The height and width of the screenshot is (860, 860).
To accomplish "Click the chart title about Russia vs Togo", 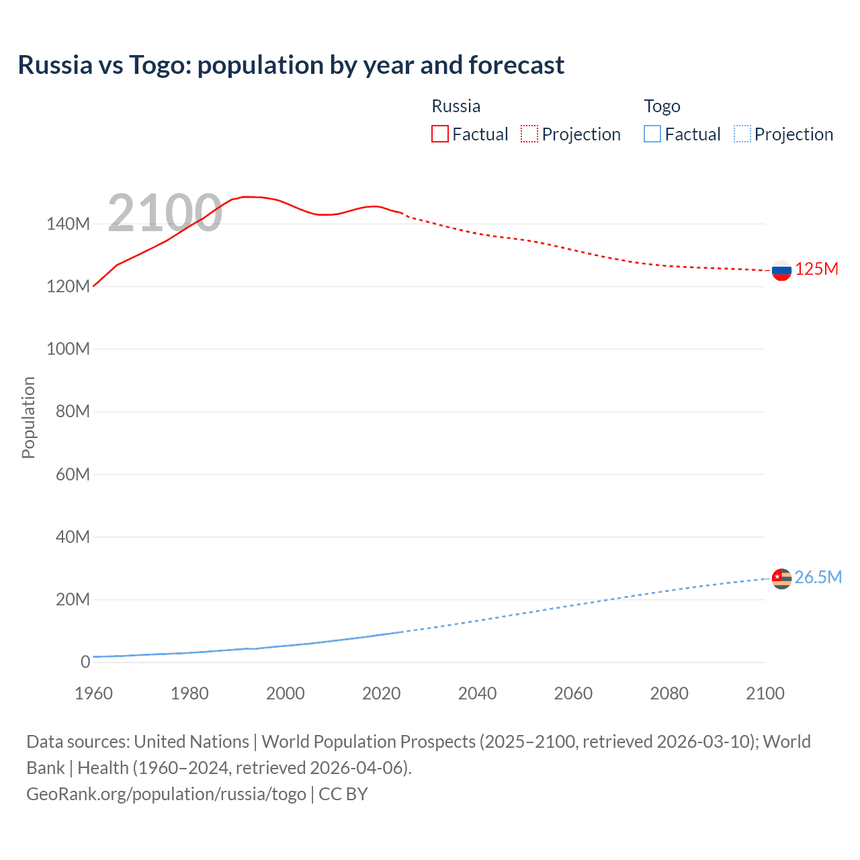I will pyautogui.click(x=291, y=65).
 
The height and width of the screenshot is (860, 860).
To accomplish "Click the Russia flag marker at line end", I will pyautogui.click(x=781, y=271).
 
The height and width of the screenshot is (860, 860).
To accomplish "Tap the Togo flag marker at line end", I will pyautogui.click(x=781, y=578).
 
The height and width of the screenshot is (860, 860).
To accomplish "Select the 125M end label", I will pyautogui.click(x=816, y=269).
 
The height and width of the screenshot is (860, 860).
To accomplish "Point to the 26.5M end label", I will pyautogui.click(x=818, y=577).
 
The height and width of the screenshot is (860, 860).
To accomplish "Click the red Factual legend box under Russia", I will pyautogui.click(x=439, y=134).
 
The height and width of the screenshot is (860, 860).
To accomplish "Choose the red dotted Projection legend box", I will pyautogui.click(x=529, y=134).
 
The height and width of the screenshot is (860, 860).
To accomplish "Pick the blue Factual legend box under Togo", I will pyautogui.click(x=652, y=134).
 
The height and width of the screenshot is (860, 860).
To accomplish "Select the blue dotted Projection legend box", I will pyautogui.click(x=742, y=134).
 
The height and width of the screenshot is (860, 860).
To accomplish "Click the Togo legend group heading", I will pyautogui.click(x=662, y=106).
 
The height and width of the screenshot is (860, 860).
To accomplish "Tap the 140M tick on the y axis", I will pyautogui.click(x=68, y=224).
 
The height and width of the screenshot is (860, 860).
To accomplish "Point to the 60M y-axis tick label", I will pyautogui.click(x=72, y=474).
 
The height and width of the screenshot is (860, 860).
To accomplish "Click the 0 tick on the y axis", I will pyautogui.click(x=85, y=662).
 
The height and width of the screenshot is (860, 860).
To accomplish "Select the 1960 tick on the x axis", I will pyautogui.click(x=93, y=693).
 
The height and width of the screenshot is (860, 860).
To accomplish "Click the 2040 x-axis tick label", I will pyautogui.click(x=477, y=693).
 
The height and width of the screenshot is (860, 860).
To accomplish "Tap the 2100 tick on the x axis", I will pyautogui.click(x=765, y=693).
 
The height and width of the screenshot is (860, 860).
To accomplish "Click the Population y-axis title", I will pyautogui.click(x=28, y=417).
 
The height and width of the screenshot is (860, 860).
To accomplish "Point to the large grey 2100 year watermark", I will pyautogui.click(x=165, y=213).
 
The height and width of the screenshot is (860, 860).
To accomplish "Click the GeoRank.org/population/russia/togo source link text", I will pyautogui.click(x=166, y=793).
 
